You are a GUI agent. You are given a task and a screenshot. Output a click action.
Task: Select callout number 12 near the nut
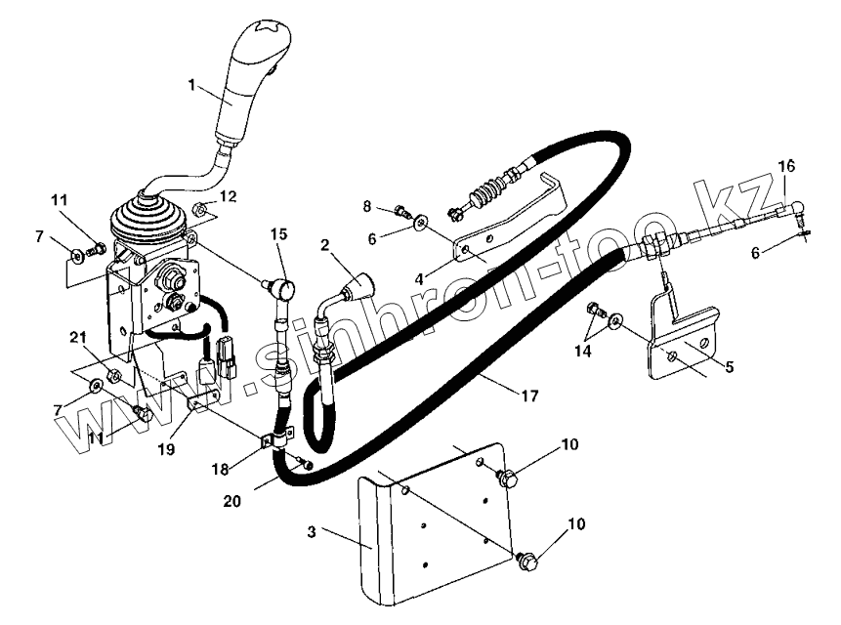(228, 197)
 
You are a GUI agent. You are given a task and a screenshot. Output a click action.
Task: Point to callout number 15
(279, 234)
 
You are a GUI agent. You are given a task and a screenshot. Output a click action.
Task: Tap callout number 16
(787, 165)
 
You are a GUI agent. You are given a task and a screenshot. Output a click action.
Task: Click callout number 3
(310, 532)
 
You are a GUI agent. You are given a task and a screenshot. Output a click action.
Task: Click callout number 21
(79, 337)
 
